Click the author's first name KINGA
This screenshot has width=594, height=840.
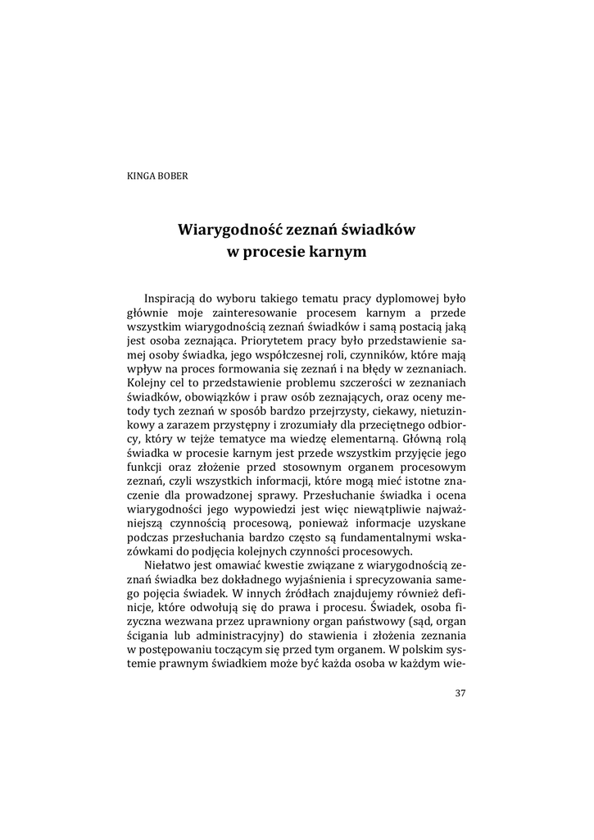138,175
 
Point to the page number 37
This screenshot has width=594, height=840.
460,693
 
